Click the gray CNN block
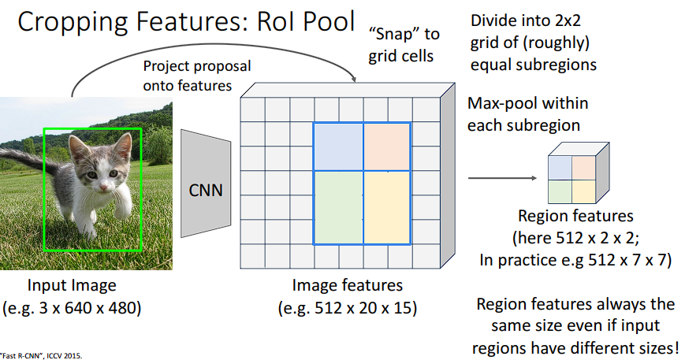[206, 190]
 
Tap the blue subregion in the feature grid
[338, 147]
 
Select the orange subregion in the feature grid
[386, 147]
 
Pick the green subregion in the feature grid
[338, 206]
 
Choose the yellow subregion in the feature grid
[386, 206]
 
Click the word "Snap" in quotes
[393, 35]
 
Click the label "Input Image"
[72, 285]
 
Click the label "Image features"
[348, 285]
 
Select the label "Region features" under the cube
[575, 216]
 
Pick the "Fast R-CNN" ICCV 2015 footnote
[41, 355]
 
